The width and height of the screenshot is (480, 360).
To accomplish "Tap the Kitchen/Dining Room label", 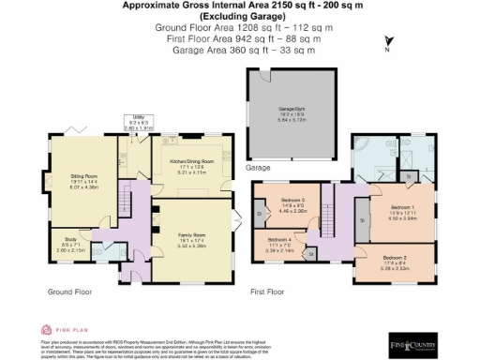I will point(190,162).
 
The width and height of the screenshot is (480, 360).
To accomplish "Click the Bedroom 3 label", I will point(293,201).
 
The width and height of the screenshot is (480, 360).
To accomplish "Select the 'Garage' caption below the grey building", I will point(258,168).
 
